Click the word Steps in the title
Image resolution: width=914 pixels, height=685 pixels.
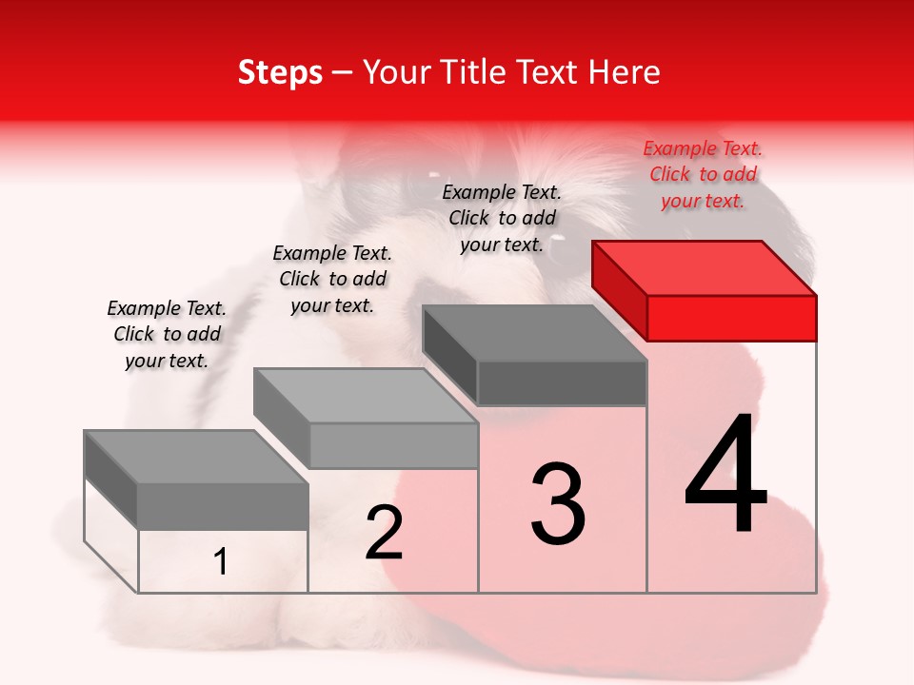tap(280, 72)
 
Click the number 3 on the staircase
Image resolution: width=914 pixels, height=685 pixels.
tap(558, 503)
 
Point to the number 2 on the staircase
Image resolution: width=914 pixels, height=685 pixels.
tap(384, 533)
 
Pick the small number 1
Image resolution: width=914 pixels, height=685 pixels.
tap(221, 562)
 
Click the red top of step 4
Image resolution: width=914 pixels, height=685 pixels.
tap(705, 267)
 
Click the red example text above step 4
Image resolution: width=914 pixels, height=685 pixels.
tap(703, 175)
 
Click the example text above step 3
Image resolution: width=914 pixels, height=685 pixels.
tap(502, 218)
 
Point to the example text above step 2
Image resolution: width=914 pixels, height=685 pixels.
tap(332, 279)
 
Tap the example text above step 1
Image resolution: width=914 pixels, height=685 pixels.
tap(167, 334)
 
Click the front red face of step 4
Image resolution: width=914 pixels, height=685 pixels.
tap(731, 318)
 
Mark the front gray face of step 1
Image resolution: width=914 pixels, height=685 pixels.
tap(223, 506)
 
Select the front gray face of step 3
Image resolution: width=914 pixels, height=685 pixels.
tap(562, 383)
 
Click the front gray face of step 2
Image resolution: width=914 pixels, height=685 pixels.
tap(393, 445)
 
